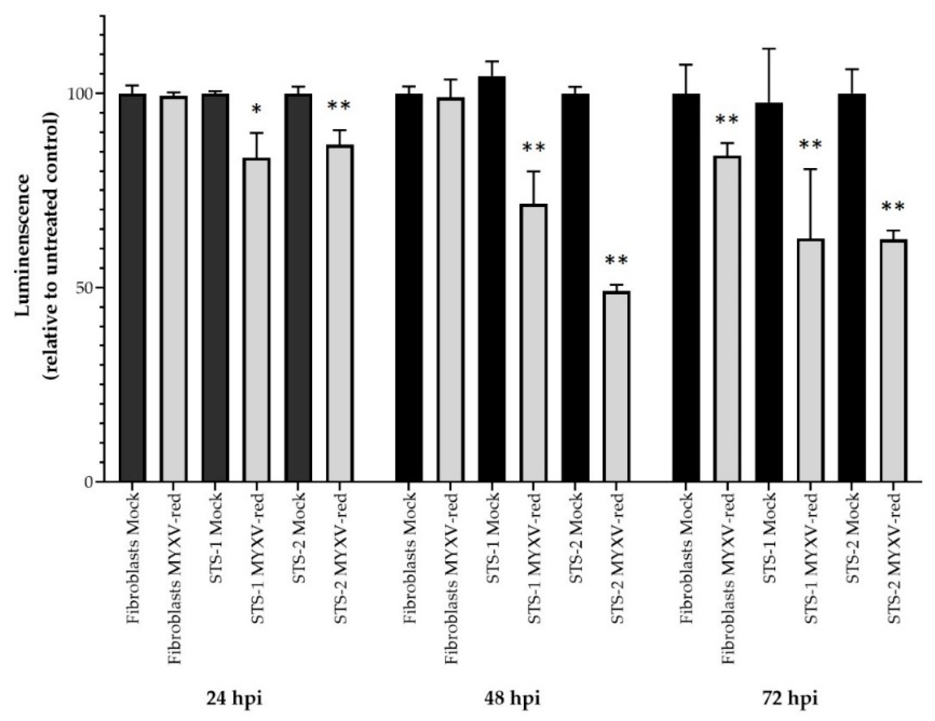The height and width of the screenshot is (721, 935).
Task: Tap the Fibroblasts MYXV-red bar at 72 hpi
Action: [x=727, y=319]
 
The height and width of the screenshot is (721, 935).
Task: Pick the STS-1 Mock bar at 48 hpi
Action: [x=492, y=279]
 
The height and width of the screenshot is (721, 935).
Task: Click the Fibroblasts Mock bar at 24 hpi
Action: [x=132, y=287]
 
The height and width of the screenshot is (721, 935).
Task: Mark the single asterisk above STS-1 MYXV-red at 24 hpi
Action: [x=256, y=110]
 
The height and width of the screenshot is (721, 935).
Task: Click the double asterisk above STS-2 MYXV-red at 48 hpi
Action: [x=616, y=260]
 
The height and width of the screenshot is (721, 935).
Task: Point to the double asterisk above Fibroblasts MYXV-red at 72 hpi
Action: [x=727, y=120]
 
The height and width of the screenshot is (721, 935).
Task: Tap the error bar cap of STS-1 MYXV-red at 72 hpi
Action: [x=811, y=170]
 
